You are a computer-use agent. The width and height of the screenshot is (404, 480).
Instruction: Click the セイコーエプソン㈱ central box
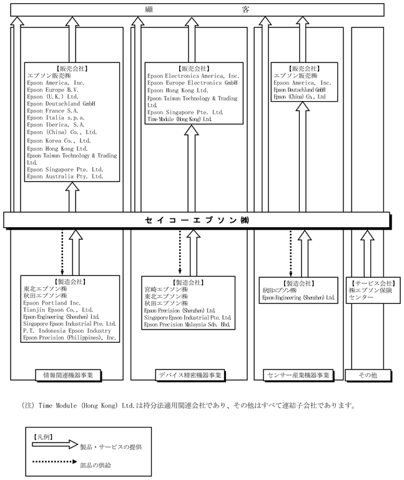click(200, 220)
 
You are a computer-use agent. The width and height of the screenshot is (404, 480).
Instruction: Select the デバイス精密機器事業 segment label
click(190, 375)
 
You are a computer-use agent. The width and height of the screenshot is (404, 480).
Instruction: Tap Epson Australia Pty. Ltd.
click(65, 177)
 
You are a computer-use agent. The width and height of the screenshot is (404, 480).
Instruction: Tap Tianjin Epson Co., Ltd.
click(57, 310)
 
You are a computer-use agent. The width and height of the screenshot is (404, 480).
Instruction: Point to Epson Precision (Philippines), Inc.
click(69, 338)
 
